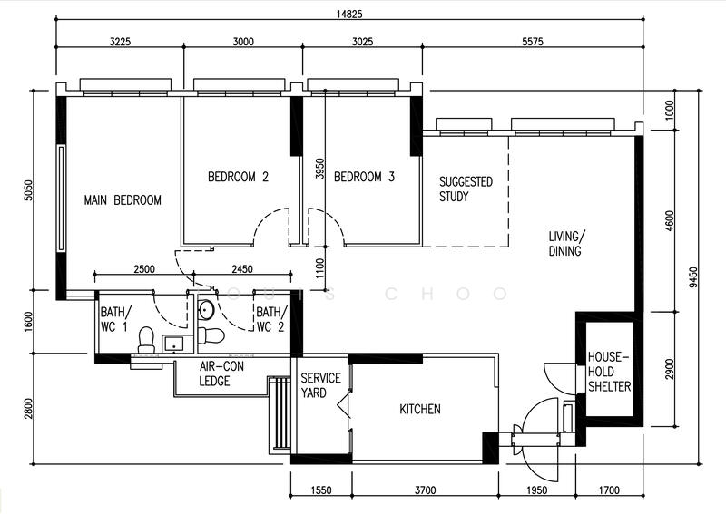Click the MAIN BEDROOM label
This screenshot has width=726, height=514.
123,200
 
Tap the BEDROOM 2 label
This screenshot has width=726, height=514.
238,177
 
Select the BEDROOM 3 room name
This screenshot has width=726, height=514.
365,177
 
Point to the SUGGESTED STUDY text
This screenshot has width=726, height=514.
466,189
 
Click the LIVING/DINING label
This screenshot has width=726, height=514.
566,244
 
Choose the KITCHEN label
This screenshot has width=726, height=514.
420,409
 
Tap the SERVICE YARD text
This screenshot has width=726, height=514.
320,385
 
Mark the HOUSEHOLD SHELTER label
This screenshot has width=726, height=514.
609,372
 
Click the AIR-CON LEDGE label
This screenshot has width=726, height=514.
221,373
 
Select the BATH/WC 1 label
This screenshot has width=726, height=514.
116,319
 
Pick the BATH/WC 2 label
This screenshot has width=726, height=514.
271,319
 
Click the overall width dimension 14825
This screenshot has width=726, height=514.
349,14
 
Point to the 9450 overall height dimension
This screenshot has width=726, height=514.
693,277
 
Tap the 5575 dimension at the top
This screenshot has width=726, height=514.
533,42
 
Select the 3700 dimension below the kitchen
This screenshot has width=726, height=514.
425,490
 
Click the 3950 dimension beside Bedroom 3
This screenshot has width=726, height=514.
319,169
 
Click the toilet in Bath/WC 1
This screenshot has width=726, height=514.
147,340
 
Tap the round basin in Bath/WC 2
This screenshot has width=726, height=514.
206,310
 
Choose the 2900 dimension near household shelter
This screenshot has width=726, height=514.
670,369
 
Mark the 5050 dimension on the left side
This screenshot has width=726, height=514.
28,190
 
